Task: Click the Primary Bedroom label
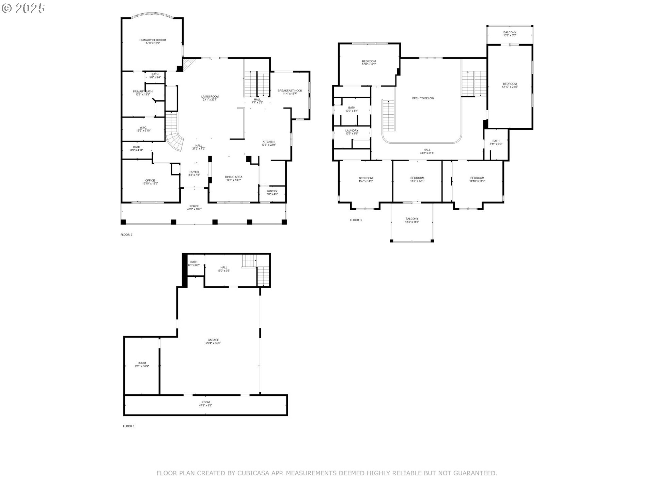[153, 40]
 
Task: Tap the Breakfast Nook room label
[290, 91]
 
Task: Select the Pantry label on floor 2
[272, 191]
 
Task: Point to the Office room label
[150, 181]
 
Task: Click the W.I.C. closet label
[143, 128]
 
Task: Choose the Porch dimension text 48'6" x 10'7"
[194, 209]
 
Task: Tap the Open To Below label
[423, 98]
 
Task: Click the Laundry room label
[352, 131]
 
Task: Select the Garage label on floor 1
[213, 340]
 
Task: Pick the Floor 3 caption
[356, 220]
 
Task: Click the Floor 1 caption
[129, 426]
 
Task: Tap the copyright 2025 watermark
[23, 9]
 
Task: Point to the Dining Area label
[233, 177]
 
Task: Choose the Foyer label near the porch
[194, 172]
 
